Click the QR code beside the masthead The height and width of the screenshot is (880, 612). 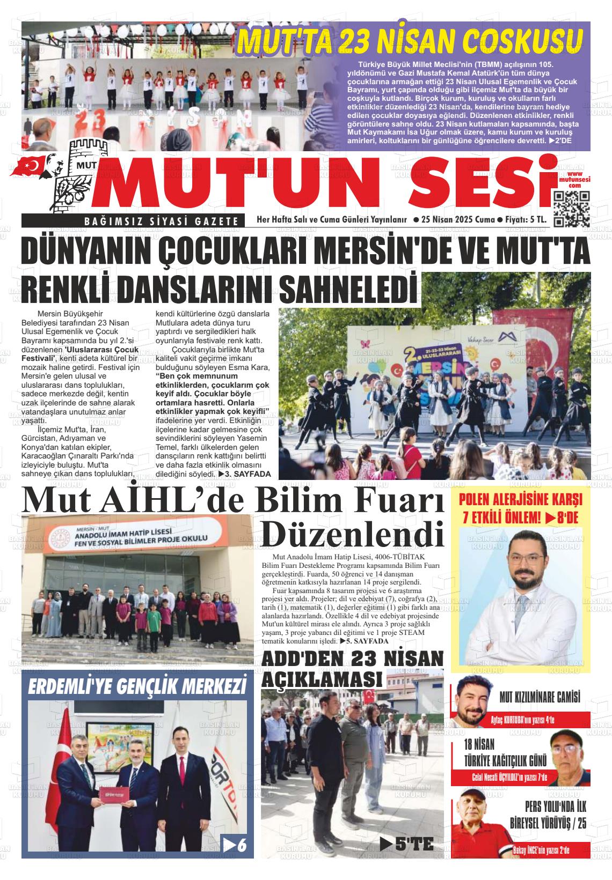[571, 209]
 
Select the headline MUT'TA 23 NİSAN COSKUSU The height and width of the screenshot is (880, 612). [411, 41]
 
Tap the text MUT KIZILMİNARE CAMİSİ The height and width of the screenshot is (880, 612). [540, 698]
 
